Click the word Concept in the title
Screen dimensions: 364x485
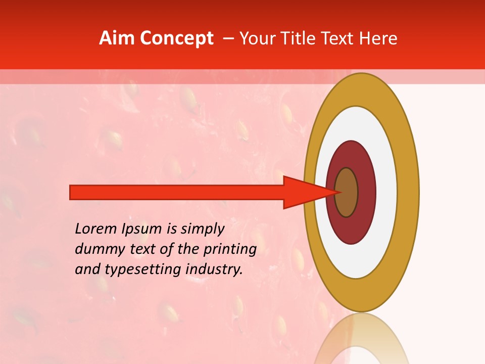tap(176, 38)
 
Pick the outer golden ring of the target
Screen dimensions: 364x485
tap(409, 192)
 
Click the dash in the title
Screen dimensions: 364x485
tap(228, 39)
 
